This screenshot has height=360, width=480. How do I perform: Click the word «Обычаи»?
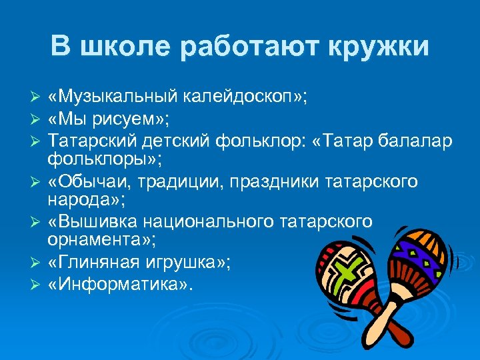pyautogui.click(x=88, y=181)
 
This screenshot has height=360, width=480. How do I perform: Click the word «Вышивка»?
pyautogui.click(x=94, y=222)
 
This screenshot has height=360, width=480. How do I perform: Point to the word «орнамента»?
pyautogui.click(x=94, y=240)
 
